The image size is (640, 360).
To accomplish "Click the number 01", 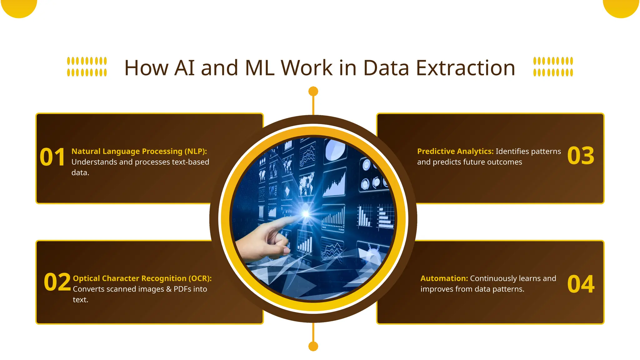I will point(52,157).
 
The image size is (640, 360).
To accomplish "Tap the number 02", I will point(57,282).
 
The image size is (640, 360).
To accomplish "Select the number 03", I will point(581,156).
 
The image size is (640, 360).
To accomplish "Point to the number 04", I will point(581,284).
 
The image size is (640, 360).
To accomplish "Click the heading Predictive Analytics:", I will point(455,151).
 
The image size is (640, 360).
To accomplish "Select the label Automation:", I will point(444,278).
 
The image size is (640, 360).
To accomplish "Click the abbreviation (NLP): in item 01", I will point(196,151).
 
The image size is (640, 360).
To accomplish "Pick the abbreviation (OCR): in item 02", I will point(200,278).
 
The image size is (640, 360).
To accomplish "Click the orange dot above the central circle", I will point(313,91).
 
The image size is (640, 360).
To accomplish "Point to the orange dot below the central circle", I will point(313,346).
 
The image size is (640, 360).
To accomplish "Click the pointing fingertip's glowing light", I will point(306,214).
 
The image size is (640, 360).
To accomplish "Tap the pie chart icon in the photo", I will point(335,150).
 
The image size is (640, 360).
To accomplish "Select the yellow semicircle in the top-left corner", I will point(19,7).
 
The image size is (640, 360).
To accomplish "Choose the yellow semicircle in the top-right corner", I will point(621,7).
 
